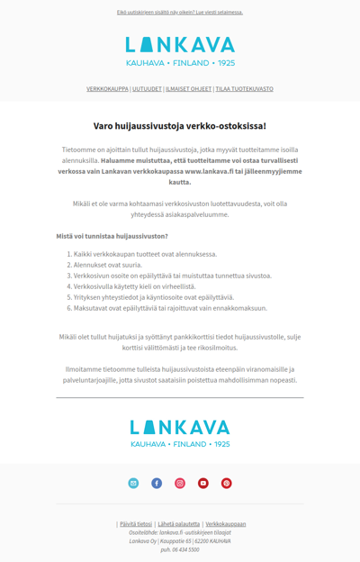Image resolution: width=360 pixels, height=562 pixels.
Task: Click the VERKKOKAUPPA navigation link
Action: point(108,89)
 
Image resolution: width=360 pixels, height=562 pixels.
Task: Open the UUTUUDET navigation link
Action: point(147,89)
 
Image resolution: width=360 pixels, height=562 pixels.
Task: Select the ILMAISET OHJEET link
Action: point(188,89)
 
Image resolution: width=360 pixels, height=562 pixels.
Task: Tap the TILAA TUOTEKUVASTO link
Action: point(244,89)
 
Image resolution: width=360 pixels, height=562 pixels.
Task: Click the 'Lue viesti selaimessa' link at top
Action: point(212,13)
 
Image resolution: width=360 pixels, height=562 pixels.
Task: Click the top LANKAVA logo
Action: point(180,50)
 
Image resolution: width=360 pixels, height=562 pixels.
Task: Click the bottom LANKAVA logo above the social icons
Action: point(180,431)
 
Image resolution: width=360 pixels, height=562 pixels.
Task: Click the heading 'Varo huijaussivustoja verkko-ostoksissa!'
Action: point(180,126)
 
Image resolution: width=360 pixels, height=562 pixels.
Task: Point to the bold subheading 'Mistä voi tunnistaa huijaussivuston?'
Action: point(112,236)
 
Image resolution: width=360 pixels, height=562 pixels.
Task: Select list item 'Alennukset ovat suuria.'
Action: point(109,265)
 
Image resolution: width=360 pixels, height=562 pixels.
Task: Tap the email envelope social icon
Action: point(133,484)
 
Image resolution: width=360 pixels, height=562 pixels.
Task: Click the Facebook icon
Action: point(157,484)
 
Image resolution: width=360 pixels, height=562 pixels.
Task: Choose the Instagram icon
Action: point(180,484)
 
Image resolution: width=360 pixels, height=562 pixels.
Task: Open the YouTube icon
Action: point(203,484)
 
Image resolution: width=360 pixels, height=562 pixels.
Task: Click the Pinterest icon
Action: point(227,484)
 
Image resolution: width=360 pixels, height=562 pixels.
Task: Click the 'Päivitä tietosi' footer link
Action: point(136,523)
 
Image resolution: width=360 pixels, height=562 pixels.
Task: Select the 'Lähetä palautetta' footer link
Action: point(179,523)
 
